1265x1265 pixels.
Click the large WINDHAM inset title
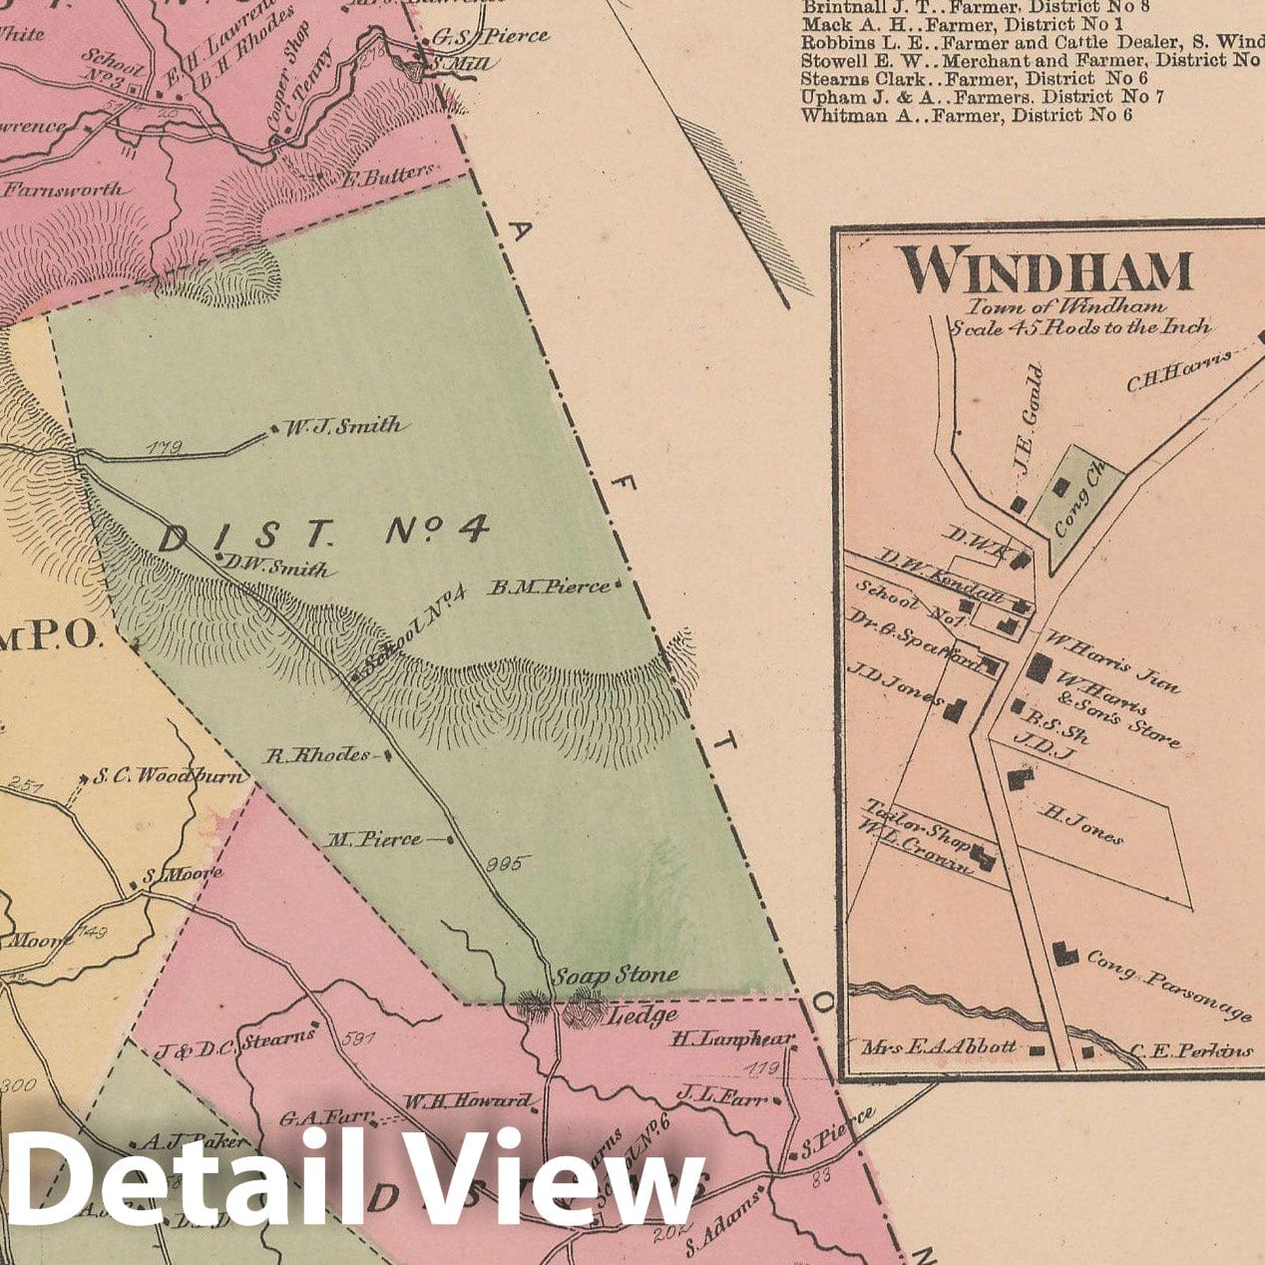tap(1045, 270)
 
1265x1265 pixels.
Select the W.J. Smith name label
tap(343, 427)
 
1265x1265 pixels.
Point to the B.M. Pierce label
tap(548, 588)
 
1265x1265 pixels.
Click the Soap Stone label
tap(616, 975)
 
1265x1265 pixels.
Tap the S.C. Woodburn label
tap(170, 775)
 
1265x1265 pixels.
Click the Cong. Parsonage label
tap(1168, 984)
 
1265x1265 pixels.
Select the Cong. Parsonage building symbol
tap(1065, 954)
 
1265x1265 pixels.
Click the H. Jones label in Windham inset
tap(1081, 824)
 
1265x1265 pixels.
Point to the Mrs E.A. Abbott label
tap(939, 1047)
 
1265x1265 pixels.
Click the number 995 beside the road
tap(503, 864)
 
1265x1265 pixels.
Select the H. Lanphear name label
tap(732, 1039)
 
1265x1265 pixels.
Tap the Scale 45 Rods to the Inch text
tap(1080, 326)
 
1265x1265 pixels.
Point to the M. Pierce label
tap(374, 840)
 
